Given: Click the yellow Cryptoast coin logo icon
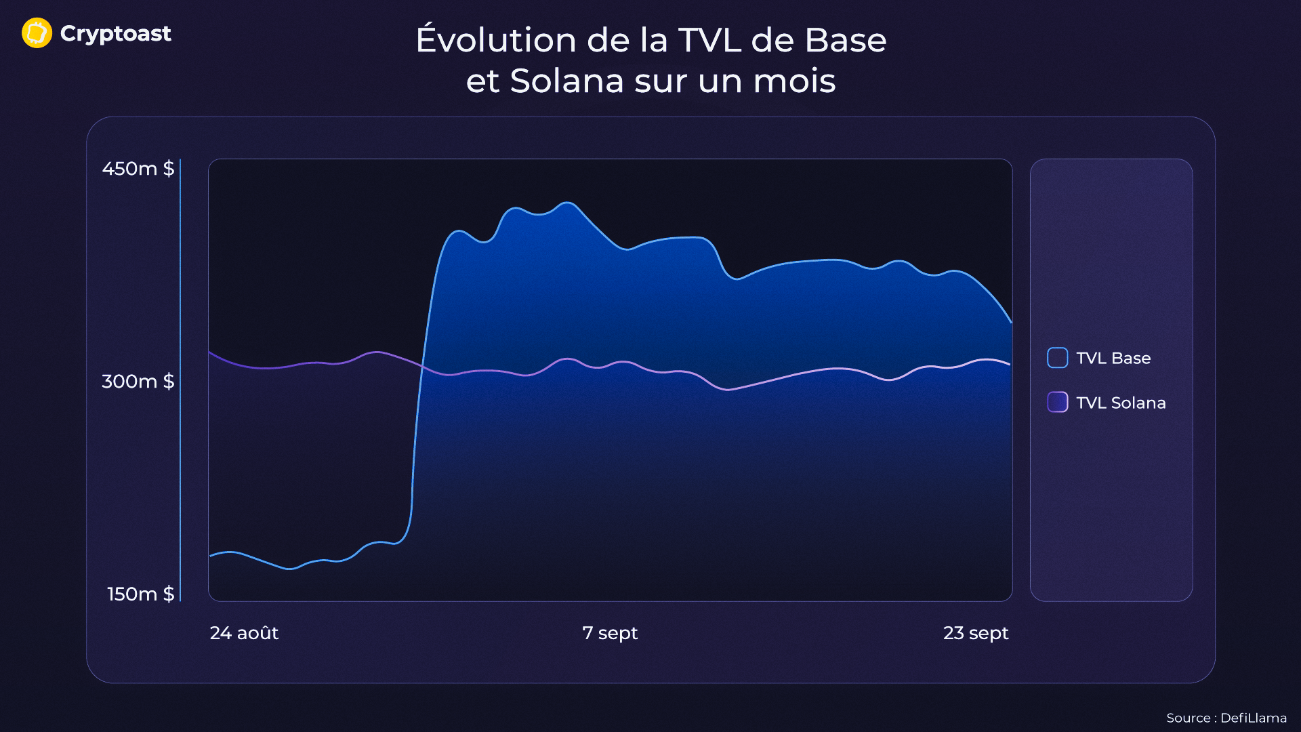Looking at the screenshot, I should click(x=37, y=33).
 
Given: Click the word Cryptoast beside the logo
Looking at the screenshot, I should click(x=115, y=33).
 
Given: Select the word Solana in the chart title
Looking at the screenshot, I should click(x=566, y=81).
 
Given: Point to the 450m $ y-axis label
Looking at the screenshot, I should click(x=138, y=168).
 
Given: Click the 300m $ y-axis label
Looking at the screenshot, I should click(x=138, y=381).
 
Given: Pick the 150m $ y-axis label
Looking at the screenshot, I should click(x=141, y=594).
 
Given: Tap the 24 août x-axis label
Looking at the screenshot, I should click(x=244, y=633).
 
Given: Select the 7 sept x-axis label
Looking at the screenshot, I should click(x=610, y=633).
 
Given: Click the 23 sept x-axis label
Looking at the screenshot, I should click(x=976, y=633).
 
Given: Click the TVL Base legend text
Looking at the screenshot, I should click(x=1113, y=358).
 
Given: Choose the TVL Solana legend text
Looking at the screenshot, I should click(x=1121, y=403).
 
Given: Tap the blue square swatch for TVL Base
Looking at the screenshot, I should click(x=1057, y=358).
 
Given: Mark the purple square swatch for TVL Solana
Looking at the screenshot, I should click(x=1057, y=403).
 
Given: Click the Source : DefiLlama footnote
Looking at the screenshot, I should click(x=1226, y=718).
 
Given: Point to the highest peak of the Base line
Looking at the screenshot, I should click(x=569, y=203).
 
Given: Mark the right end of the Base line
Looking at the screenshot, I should click(x=1011, y=322).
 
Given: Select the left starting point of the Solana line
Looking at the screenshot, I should click(x=209, y=352).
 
